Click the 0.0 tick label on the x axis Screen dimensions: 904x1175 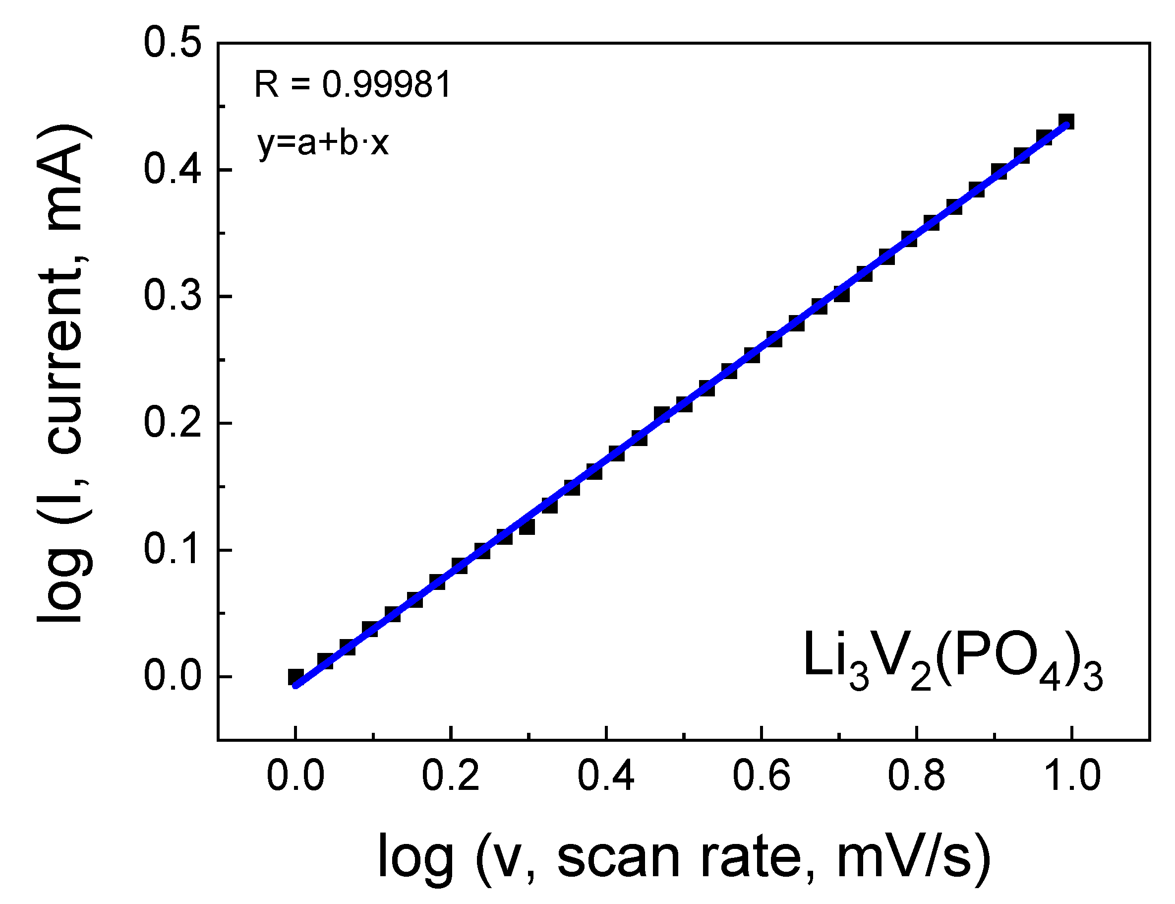click(295, 776)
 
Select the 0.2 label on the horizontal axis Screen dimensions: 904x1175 click(450, 776)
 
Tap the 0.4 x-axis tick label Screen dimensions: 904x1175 click(605, 776)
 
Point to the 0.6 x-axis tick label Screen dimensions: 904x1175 click(761, 776)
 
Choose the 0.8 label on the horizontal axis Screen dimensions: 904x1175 click(916, 776)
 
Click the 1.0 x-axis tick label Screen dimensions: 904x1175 click(1071, 776)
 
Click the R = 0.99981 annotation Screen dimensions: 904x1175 click(352, 85)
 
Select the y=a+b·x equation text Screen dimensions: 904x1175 click(323, 143)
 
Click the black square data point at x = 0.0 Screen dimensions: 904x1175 click(295, 676)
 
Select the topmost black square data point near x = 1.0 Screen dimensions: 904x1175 click(1066, 122)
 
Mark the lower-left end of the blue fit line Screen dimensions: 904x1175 click(295, 686)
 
